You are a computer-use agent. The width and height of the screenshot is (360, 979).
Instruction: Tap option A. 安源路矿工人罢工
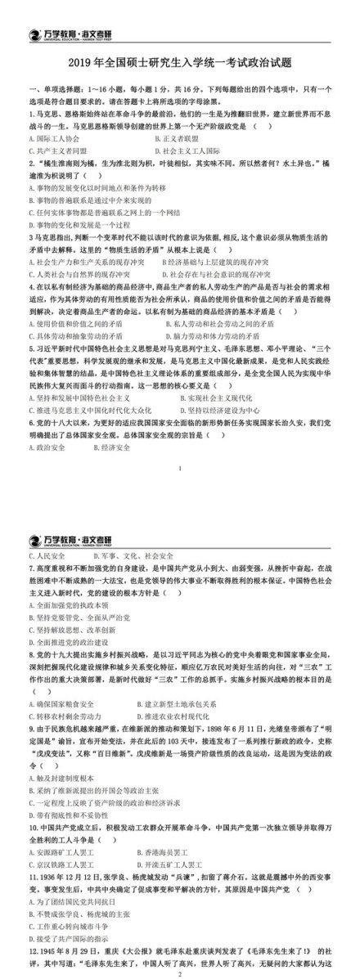[x=65, y=828]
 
